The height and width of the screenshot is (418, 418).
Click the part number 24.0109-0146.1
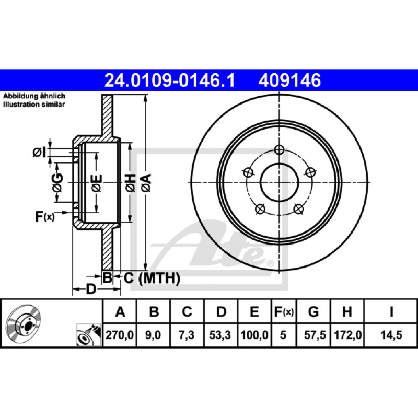pos(169,80)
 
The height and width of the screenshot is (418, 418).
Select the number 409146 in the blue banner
pos(289,80)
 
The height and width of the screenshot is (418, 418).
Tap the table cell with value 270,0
pos(120,335)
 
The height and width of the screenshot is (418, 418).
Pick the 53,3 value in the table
pos(220,335)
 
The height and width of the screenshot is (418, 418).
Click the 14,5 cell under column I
pos(391,335)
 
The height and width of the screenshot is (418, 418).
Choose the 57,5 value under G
pos(315,335)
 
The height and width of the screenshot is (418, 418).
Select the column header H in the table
pos(347,311)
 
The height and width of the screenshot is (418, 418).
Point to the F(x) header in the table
pos(284,311)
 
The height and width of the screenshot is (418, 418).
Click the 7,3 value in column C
pos(187,335)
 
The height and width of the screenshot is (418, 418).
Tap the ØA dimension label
pos(146,183)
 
